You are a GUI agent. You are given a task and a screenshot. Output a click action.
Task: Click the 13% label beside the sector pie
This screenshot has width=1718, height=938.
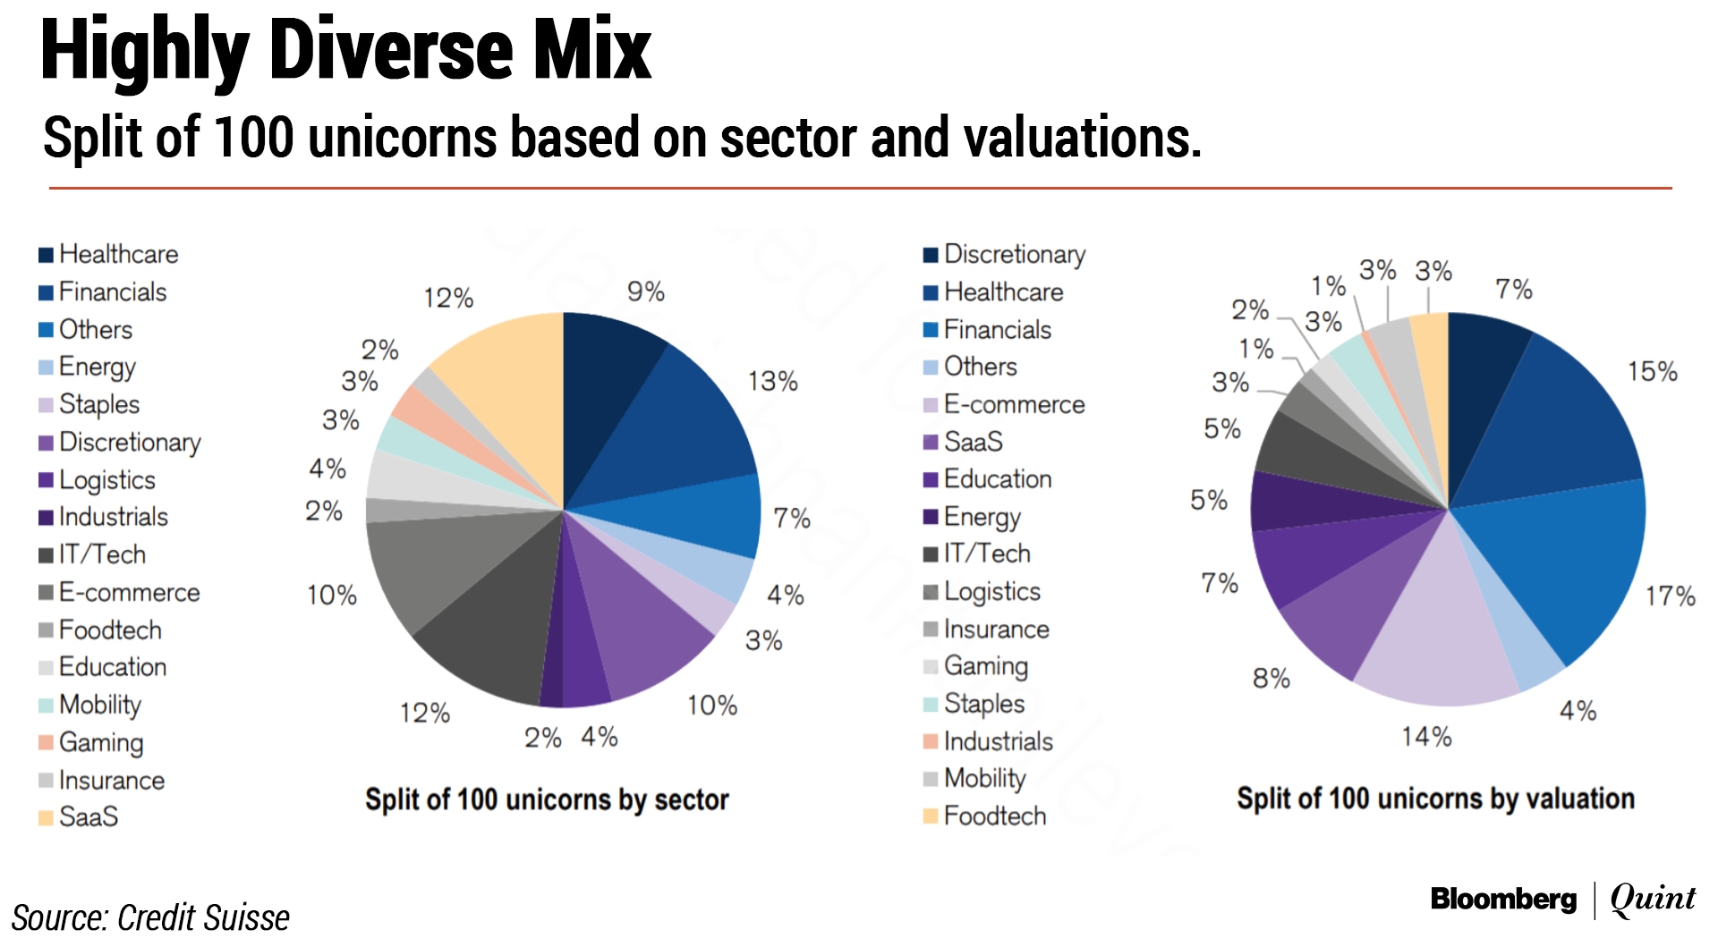click(x=772, y=382)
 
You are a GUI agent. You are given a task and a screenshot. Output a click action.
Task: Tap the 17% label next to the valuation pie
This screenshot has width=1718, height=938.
click(x=1670, y=596)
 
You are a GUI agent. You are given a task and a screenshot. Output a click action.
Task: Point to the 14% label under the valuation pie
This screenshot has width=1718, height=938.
click(x=1426, y=737)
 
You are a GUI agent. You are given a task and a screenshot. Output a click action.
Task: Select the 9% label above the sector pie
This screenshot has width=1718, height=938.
click(x=645, y=292)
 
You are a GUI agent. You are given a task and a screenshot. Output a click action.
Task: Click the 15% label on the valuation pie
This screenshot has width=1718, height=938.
click(x=1652, y=372)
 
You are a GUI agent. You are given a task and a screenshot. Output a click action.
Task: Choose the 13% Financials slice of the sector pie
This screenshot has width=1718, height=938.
click(x=680, y=420)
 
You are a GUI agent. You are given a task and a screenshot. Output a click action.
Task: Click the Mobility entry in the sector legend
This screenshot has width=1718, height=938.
click(x=99, y=705)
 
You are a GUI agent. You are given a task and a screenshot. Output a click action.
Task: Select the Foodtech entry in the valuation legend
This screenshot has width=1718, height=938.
click(x=994, y=816)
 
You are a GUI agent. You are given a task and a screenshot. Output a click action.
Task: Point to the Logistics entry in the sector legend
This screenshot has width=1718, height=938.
click(x=106, y=480)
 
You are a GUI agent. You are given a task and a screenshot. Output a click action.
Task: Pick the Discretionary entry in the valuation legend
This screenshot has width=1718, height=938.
click(x=1014, y=255)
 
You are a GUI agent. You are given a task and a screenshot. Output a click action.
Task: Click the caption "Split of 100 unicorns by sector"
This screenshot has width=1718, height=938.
click(x=547, y=799)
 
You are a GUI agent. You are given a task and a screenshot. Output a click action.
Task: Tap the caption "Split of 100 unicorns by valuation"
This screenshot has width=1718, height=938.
click(x=1435, y=799)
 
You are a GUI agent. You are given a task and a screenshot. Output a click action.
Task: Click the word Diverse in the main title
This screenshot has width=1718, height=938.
click(x=391, y=51)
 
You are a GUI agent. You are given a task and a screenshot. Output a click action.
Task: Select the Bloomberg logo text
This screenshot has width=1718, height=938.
click(x=1503, y=899)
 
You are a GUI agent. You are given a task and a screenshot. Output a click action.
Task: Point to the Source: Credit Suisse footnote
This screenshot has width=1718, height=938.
click(x=150, y=917)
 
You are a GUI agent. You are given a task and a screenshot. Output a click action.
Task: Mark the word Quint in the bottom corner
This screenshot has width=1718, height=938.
click(x=1652, y=899)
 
